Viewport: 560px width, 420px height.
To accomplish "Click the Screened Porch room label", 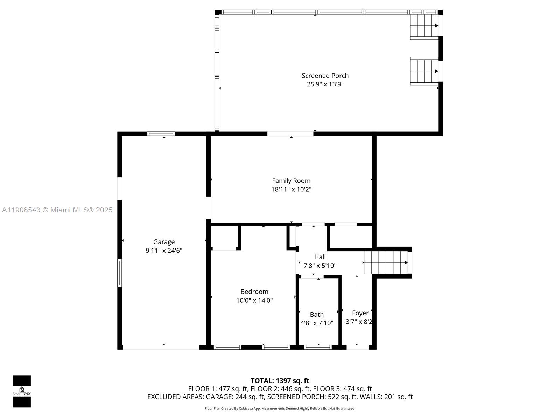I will tap(325, 76).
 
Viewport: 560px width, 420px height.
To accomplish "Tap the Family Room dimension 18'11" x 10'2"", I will tap(291, 189).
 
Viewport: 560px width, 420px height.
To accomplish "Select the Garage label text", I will tap(164, 242).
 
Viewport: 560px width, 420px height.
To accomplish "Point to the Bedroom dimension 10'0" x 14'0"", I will tap(254, 300).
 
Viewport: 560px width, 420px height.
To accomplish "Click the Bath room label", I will tap(317, 315).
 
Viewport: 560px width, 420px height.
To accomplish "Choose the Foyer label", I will tap(360, 313).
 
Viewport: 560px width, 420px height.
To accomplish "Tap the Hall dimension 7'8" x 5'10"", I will tap(320, 266).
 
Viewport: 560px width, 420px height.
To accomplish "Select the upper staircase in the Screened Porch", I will tap(424, 26).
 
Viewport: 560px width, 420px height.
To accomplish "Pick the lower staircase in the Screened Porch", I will tap(424, 71).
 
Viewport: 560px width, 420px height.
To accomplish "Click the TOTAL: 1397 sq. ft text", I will tap(280, 381).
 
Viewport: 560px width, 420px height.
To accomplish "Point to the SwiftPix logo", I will tap(22, 391).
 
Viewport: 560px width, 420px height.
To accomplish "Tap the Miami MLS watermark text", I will tap(57, 210).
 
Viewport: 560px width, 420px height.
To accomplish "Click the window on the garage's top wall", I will tap(161, 134).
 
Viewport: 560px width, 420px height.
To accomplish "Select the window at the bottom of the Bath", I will tap(318, 347).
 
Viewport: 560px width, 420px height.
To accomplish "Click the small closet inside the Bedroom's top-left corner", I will tap(225, 237).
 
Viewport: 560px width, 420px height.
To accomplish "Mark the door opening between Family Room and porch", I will tap(290, 134).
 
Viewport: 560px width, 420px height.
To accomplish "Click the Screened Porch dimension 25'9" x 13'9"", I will tap(325, 84).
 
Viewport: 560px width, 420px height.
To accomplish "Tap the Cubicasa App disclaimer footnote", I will tap(280, 408).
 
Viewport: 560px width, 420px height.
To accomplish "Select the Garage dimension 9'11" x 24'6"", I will tap(164, 251).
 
